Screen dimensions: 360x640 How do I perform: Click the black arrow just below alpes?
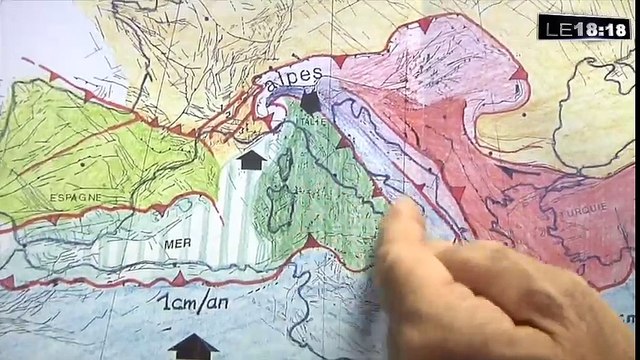tap(311, 102)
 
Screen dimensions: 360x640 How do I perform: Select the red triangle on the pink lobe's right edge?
tap(518, 73)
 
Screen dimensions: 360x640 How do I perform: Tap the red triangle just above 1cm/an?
tap(178, 278)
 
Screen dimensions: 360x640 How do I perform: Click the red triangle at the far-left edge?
tap(8, 283)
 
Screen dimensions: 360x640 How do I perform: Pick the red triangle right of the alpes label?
tap(339, 62)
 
